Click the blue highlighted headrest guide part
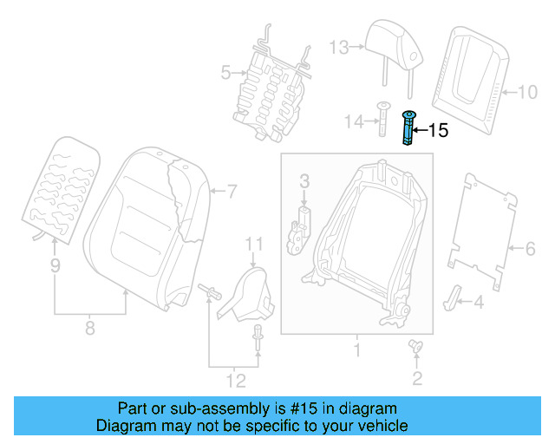pyautogui.click(x=407, y=129)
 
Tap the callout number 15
pyautogui.click(x=438, y=131)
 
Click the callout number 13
pyautogui.click(x=339, y=47)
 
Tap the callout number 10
pyautogui.click(x=527, y=90)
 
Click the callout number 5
pyautogui.click(x=225, y=74)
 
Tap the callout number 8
pyautogui.click(x=90, y=328)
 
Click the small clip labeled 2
pyautogui.click(x=415, y=348)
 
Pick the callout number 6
pyautogui.click(x=530, y=251)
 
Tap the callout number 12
pyautogui.click(x=235, y=380)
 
